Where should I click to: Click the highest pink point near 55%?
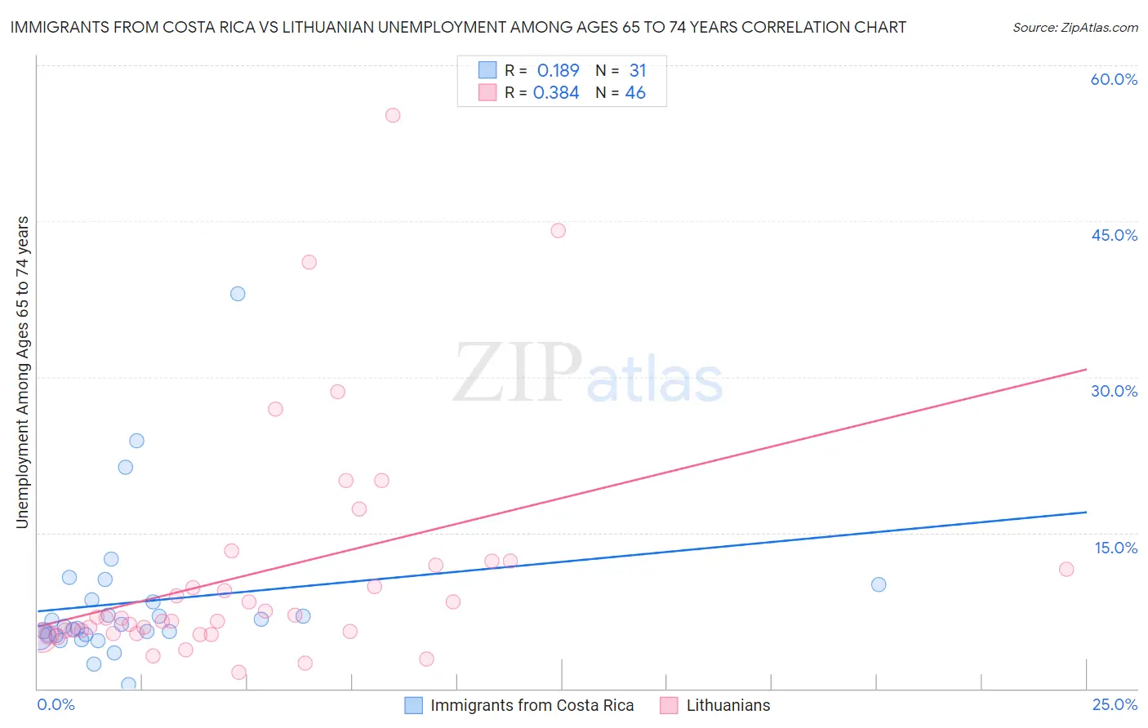[x=393, y=115]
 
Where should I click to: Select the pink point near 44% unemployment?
[x=558, y=230]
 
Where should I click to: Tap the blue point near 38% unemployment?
[x=238, y=294]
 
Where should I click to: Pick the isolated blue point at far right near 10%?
[x=879, y=584]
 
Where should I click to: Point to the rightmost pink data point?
[x=1066, y=569]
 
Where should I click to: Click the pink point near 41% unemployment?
[x=309, y=262]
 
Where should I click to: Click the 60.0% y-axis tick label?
[x=1114, y=79]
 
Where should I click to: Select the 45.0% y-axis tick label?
[x=1114, y=235]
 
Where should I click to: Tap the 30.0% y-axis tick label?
[x=1114, y=391]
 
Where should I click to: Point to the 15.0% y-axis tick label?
[x=1115, y=548]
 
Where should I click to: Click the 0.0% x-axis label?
[x=56, y=704]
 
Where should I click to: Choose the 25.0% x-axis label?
[x=1115, y=704]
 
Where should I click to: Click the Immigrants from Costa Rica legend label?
[x=532, y=706]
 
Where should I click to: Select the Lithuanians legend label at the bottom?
[x=728, y=706]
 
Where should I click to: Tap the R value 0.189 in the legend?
[x=558, y=71]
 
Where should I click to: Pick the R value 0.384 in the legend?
[x=556, y=93]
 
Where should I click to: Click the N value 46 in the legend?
[x=635, y=93]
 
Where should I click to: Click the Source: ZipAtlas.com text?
[x=1075, y=28]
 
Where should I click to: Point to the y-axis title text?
[x=23, y=372]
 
